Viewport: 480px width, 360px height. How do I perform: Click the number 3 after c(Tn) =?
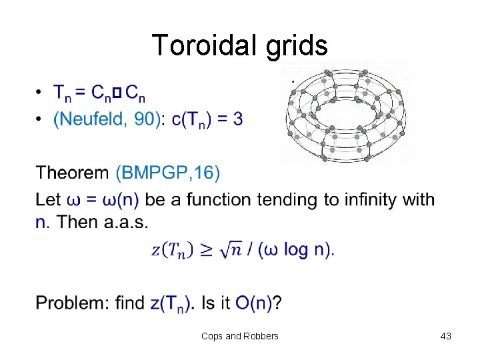[238, 119]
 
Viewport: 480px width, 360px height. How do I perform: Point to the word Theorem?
[72, 173]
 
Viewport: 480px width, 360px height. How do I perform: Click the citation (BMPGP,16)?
[167, 173]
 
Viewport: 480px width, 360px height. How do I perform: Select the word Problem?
[71, 303]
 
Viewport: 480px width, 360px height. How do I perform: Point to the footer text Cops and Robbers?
[240, 336]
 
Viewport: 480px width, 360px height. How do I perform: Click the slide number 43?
[446, 336]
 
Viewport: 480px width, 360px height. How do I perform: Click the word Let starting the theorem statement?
[48, 199]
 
